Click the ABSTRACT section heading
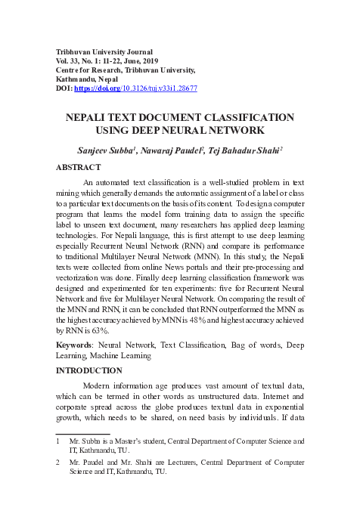point(79,166)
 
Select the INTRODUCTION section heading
point(88,370)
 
